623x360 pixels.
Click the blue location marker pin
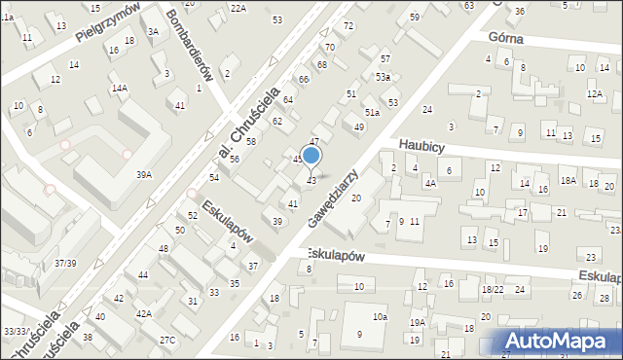point(311,157)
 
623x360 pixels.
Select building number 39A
point(143,175)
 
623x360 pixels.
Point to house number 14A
point(119,88)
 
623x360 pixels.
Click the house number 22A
point(238,8)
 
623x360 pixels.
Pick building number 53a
point(383,76)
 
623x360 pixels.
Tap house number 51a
point(371,113)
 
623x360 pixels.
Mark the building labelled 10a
point(379,317)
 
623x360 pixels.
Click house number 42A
point(143,313)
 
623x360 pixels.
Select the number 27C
point(167,340)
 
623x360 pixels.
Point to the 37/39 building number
point(66,263)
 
